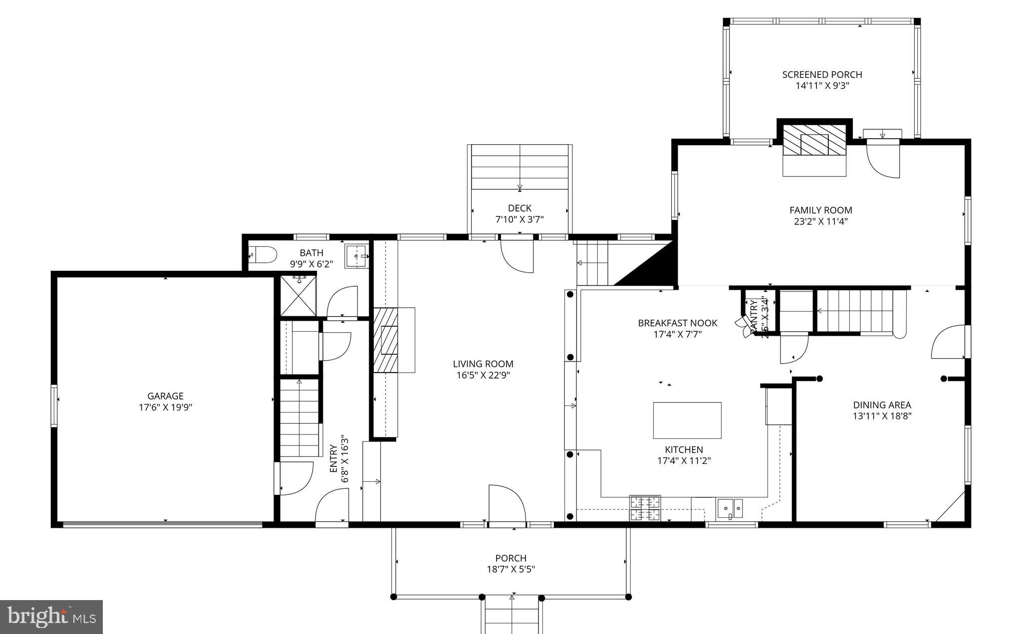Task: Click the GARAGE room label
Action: coord(165,396)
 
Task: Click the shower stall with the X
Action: coord(297,295)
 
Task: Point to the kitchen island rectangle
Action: coord(687,420)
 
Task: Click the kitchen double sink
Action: coord(730,508)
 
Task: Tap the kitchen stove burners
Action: coord(645,508)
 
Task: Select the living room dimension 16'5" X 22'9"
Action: coord(483,375)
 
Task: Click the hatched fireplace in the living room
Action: coord(386,340)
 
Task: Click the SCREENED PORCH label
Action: coord(822,74)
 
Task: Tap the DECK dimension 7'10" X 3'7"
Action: coord(519,219)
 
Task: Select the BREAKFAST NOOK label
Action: coord(677,323)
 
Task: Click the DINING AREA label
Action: coord(882,405)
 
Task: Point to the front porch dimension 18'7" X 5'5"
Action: coord(511,569)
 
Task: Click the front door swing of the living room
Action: coord(506,503)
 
